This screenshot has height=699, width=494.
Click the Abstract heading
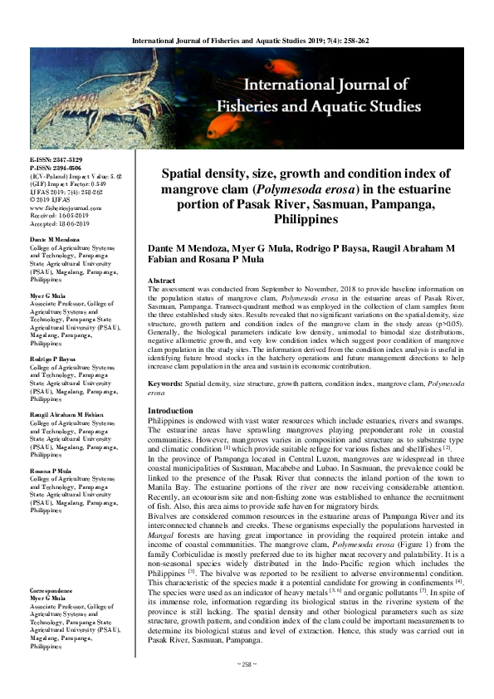tap(161, 281)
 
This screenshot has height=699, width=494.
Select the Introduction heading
tap(170, 411)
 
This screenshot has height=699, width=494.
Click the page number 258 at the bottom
tap(247, 688)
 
